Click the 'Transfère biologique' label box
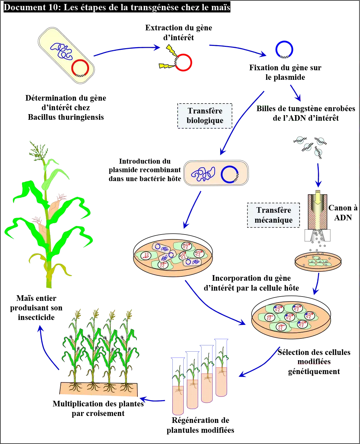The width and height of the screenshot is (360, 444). pos(205,116)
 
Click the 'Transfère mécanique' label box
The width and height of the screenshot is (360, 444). pos(274,215)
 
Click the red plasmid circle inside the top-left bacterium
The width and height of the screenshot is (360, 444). pos(80,68)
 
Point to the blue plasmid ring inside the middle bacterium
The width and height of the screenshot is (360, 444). pos(229,174)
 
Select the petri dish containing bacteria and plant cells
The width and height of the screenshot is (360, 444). pos(173,258)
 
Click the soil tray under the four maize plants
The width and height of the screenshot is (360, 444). pos(99,389)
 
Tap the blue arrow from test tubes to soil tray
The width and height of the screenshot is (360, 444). pos(153,400)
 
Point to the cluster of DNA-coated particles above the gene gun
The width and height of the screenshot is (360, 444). pos(311,145)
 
